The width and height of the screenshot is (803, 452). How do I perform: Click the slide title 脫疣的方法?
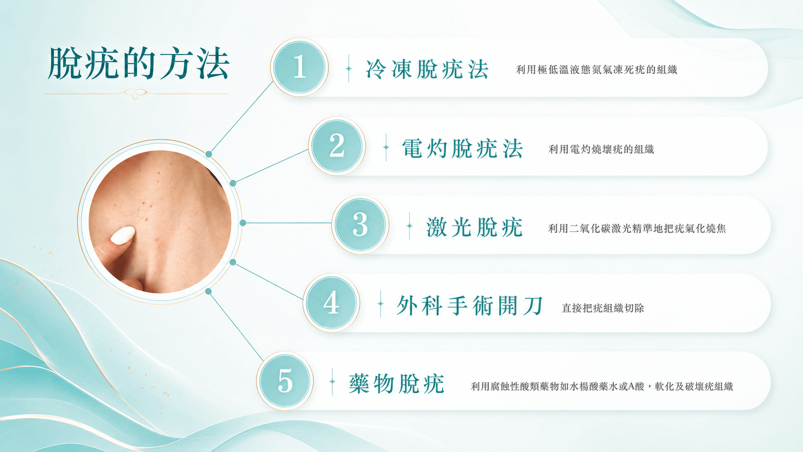139,63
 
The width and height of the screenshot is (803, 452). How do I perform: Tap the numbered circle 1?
299,67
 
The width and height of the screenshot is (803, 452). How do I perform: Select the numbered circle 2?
337,146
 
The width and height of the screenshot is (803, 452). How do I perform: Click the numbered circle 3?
360,224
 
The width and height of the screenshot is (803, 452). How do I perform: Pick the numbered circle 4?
331,303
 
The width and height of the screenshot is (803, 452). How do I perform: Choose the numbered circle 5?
285,381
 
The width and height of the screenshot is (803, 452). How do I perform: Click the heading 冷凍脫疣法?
427,69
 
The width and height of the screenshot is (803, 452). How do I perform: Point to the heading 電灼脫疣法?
462,148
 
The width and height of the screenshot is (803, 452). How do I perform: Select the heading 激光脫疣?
474,227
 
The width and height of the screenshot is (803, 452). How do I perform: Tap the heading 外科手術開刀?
469,306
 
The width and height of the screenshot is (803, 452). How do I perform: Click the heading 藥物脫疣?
396,384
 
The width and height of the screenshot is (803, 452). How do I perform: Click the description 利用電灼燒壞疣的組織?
601,149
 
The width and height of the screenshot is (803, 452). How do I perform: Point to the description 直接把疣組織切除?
603,308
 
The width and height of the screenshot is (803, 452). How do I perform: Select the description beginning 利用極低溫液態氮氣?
597,69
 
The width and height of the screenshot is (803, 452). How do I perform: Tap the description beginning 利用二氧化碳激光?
637,228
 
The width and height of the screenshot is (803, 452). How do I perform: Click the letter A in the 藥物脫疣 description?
631,386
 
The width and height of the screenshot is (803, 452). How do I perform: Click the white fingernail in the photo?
122,236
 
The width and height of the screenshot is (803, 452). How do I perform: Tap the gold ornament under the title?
136,93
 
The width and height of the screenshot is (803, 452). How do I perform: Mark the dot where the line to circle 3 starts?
243,223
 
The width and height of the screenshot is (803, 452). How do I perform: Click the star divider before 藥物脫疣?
332,381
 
